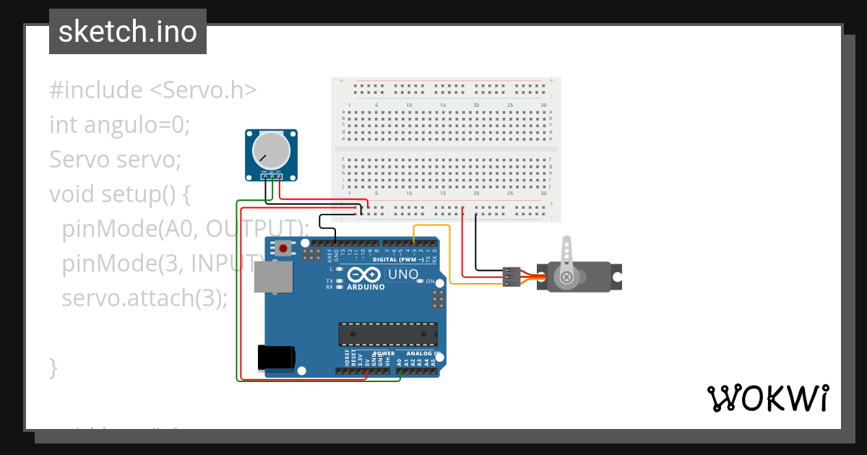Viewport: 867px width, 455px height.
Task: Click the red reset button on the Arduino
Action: (x=283, y=248)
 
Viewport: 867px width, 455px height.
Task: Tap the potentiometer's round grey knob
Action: (x=271, y=150)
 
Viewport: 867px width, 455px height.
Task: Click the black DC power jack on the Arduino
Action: (x=276, y=357)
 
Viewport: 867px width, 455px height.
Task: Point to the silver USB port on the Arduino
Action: (x=274, y=277)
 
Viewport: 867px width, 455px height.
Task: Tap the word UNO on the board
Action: (x=403, y=274)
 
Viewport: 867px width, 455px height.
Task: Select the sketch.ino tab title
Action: (x=128, y=32)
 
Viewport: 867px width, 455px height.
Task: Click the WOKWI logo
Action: (x=767, y=398)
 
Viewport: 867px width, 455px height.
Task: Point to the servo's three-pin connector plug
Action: (x=511, y=277)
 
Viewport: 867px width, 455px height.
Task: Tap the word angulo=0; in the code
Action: (x=137, y=125)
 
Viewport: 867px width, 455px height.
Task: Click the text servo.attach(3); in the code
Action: (x=144, y=298)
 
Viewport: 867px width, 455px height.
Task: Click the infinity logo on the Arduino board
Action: (x=363, y=274)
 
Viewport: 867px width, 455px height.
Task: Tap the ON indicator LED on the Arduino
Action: (x=420, y=281)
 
